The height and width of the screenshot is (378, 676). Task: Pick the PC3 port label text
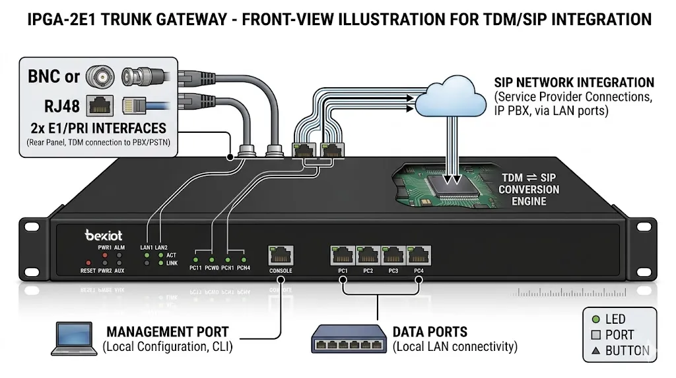click(x=393, y=271)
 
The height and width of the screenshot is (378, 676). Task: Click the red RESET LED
click(x=88, y=263)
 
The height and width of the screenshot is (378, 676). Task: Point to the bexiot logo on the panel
click(x=104, y=235)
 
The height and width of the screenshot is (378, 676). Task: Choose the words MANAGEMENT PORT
click(x=168, y=332)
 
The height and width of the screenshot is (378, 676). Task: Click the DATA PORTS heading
click(x=430, y=332)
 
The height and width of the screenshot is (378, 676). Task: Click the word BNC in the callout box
click(x=44, y=77)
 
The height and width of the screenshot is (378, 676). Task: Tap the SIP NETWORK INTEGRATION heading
click(x=574, y=83)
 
